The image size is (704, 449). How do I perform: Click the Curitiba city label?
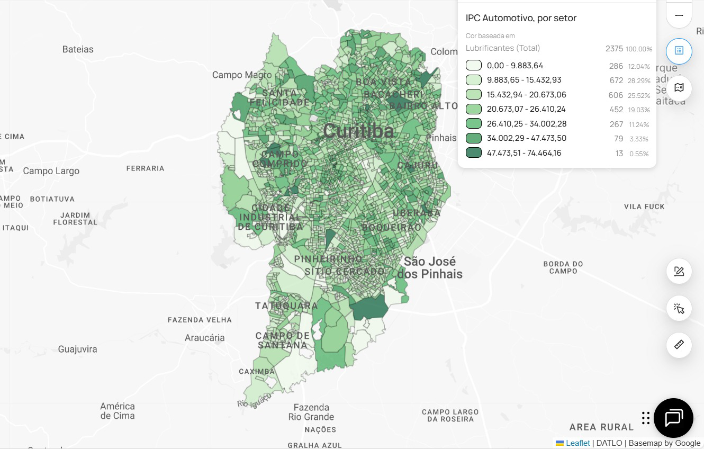point(358,131)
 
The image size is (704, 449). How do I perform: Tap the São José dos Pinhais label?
point(430,268)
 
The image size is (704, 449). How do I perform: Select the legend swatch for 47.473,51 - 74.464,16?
point(473,153)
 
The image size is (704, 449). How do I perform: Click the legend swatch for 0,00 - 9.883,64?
point(473,66)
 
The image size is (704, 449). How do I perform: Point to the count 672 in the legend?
point(616,80)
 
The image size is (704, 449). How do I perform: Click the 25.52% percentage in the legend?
point(639,96)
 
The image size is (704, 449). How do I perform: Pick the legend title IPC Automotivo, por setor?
point(521,18)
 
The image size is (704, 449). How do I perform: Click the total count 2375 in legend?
point(614,49)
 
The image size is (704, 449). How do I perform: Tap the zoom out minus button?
point(679,15)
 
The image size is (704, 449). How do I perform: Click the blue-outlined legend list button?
point(679,51)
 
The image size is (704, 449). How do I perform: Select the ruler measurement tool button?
point(679,345)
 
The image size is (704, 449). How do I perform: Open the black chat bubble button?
point(673,418)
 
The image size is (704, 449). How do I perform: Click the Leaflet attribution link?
point(577,443)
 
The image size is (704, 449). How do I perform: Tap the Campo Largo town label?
point(51,171)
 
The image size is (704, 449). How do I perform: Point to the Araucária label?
point(204,338)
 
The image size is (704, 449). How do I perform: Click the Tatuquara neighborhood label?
point(286,306)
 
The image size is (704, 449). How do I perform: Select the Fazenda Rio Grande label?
point(311,412)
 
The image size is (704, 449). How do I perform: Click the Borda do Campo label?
point(563,267)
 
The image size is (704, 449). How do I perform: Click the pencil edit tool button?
point(679,272)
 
